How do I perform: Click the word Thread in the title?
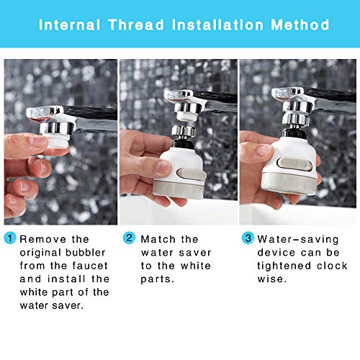click(136, 24)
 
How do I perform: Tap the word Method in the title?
click(300, 24)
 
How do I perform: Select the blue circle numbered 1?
click(10, 238)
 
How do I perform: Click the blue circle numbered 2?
click(129, 238)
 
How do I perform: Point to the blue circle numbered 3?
click(248, 238)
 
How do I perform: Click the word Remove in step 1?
click(42, 239)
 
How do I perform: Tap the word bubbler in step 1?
click(86, 253)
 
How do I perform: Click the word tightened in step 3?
click(284, 266)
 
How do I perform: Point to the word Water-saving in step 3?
click(298, 240)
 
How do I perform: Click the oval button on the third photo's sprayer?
click(294, 164)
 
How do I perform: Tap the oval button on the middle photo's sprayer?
click(192, 174)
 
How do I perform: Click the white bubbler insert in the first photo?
click(57, 142)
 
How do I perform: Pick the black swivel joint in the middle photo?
click(182, 143)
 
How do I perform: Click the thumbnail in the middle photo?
click(163, 166)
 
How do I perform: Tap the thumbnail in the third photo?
click(264, 150)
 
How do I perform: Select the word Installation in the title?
click(217, 24)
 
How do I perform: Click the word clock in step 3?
click(332, 266)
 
